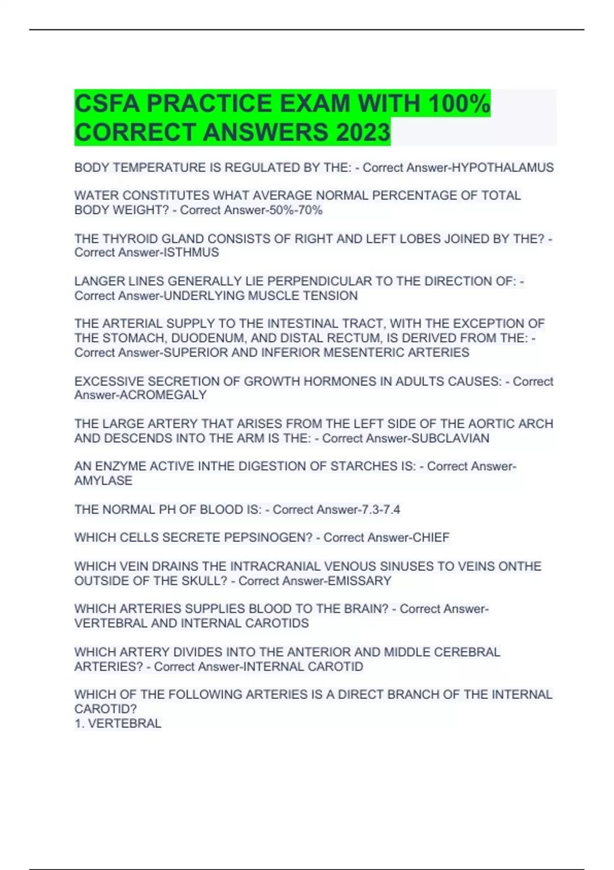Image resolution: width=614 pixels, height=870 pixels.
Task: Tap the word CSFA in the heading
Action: coord(106,103)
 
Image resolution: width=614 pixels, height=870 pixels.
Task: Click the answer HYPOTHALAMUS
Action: coord(503,168)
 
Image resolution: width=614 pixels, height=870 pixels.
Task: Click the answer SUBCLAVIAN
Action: coord(450,439)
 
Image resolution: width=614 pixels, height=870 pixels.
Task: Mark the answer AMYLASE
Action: coord(103,481)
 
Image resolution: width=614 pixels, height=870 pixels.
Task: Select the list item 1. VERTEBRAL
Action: coord(118,724)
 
